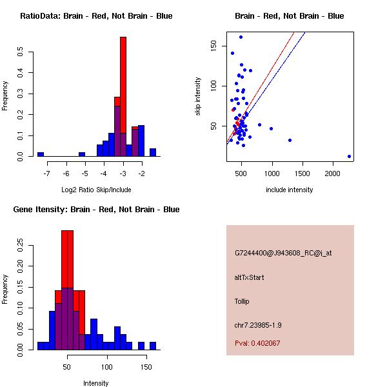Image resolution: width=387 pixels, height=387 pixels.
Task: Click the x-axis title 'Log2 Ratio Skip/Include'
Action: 97,190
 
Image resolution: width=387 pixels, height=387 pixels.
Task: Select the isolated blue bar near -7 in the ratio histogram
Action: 41,154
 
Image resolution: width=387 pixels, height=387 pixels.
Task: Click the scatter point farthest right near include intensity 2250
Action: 349,156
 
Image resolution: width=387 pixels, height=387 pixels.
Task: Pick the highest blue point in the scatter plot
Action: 241,37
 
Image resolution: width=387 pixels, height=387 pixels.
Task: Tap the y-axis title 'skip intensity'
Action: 198,97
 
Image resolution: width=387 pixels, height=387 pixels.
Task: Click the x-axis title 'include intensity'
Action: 289,190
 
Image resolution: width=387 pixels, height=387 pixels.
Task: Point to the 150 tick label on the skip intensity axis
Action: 213,45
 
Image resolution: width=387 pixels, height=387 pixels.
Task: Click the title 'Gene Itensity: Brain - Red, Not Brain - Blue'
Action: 96,210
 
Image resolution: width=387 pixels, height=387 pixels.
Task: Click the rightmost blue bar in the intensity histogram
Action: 153,346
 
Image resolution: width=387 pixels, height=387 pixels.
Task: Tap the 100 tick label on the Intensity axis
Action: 108,367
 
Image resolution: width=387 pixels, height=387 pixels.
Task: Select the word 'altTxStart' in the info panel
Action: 250,277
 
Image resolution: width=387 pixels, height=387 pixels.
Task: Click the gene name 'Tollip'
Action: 242,301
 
